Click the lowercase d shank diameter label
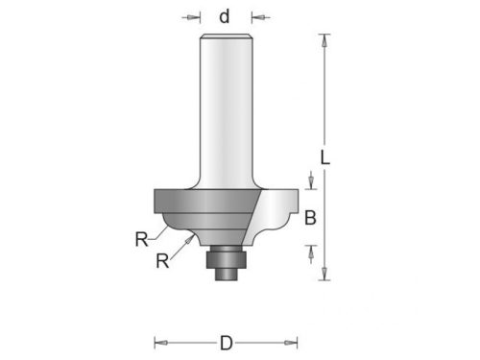click(x=225, y=16)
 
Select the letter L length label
click(x=325, y=157)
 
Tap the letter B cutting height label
click(x=310, y=218)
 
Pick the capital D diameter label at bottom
click(x=227, y=343)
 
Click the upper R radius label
click(x=142, y=239)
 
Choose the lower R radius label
click(x=162, y=261)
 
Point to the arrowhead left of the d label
click(x=193, y=17)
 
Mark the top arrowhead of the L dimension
click(x=324, y=40)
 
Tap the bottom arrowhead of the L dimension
click(x=324, y=274)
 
